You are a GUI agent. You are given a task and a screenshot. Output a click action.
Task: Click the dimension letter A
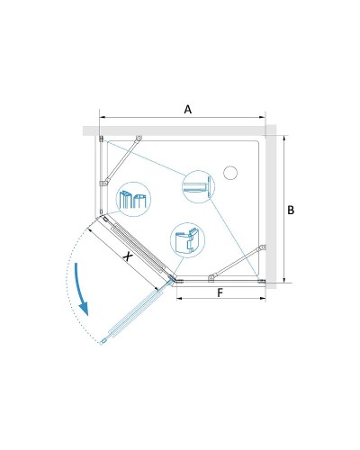pyautogui.click(x=188, y=110)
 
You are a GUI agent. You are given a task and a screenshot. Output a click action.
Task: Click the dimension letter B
pyautogui.click(x=291, y=210)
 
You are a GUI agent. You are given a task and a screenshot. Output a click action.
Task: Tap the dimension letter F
pyautogui.click(x=220, y=292)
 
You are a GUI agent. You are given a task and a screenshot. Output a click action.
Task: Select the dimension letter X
pyautogui.click(x=128, y=256)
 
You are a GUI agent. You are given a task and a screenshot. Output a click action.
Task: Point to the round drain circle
pyautogui.click(x=230, y=173)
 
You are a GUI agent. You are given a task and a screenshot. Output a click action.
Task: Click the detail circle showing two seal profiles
pyautogui.click(x=133, y=199)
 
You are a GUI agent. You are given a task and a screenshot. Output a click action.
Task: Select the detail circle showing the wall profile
pyautogui.click(x=199, y=186)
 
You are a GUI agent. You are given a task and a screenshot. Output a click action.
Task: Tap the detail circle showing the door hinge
pyautogui.click(x=187, y=240)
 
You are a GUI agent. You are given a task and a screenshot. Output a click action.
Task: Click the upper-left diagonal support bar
pyautogui.click(x=121, y=161)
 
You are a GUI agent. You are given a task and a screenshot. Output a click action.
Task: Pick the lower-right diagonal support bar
pyautogui.click(x=238, y=262)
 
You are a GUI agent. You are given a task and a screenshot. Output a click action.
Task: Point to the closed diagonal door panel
pyautogui.click(x=139, y=248)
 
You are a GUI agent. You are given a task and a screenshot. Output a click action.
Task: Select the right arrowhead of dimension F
pyautogui.click(x=263, y=298)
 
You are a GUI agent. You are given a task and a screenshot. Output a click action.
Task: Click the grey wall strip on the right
pyautogui.click(x=271, y=207)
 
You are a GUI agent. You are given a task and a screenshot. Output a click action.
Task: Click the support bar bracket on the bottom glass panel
pyautogui.click(x=211, y=279)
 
